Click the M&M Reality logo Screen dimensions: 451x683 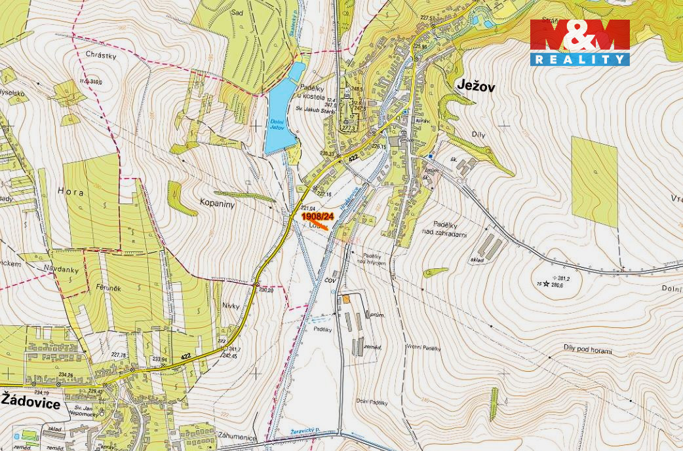tap(579, 43)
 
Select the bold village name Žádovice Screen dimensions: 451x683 tap(31, 403)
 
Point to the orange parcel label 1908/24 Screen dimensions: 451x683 tap(318, 216)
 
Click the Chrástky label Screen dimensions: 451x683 tap(100, 56)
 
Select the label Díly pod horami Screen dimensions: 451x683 tap(588, 350)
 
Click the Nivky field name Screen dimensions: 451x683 tap(231, 305)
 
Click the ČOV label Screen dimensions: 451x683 tap(330, 280)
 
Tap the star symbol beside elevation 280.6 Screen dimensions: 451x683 tap(547, 285)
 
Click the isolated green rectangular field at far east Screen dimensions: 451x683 tap(595, 181)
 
